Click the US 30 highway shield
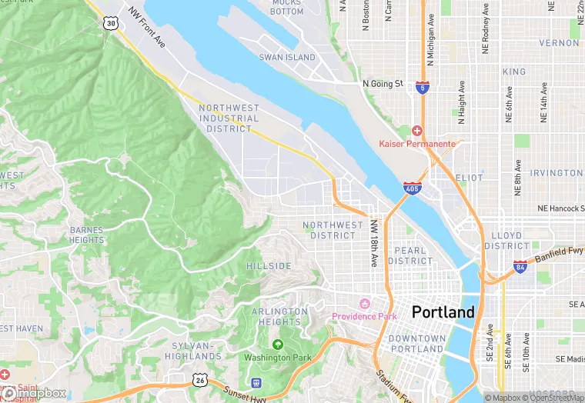pos(112,24)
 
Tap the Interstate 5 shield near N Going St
pos(422,88)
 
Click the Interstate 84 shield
pos(521,265)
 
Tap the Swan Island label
pos(287,58)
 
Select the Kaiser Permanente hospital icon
pos(417,130)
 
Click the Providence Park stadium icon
pos(364,303)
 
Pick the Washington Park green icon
pos(277,344)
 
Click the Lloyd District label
pos(506,241)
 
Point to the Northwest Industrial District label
pos(229,118)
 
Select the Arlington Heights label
pos(279,317)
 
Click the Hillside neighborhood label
pos(269,265)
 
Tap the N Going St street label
pos(383,83)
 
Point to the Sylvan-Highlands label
pos(193,351)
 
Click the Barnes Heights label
pos(86,235)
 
